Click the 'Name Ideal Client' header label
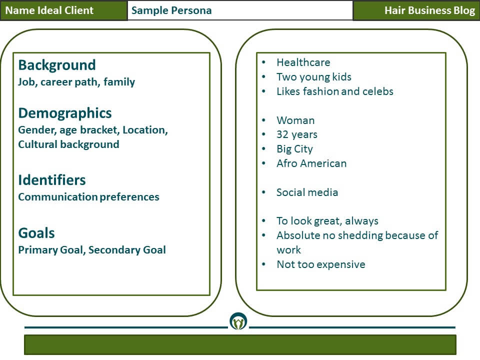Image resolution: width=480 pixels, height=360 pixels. click(x=49, y=10)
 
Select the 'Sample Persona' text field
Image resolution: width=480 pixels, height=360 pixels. click(x=240, y=10)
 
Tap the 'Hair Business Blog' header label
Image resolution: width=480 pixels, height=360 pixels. click(x=429, y=10)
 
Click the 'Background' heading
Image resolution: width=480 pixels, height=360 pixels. click(x=57, y=65)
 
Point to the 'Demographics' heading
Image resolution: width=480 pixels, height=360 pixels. click(x=65, y=113)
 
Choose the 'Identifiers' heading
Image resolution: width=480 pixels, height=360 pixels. click(x=52, y=179)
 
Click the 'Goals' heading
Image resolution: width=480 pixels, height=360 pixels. click(x=36, y=233)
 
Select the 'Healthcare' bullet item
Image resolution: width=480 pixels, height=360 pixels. click(x=303, y=62)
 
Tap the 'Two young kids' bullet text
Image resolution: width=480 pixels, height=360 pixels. click(x=314, y=77)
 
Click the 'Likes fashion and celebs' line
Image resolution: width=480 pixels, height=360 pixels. click(x=335, y=91)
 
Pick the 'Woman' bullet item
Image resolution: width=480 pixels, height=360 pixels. click(x=295, y=120)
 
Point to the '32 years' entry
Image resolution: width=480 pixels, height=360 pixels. click(x=297, y=134)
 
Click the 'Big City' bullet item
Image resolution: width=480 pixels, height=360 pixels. click(x=294, y=149)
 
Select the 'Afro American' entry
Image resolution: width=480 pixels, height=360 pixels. click(x=311, y=163)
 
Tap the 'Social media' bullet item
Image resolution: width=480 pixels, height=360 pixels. click(x=307, y=192)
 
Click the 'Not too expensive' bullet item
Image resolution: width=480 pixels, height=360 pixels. click(x=321, y=264)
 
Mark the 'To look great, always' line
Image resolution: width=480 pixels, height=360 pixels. click(x=327, y=221)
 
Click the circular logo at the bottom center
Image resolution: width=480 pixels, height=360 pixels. click(x=238, y=321)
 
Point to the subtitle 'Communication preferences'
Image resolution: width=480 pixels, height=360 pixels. click(x=89, y=197)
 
